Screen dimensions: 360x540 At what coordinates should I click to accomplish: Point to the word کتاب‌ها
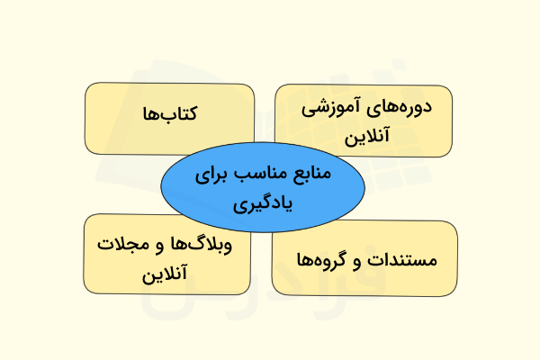[170, 114]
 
